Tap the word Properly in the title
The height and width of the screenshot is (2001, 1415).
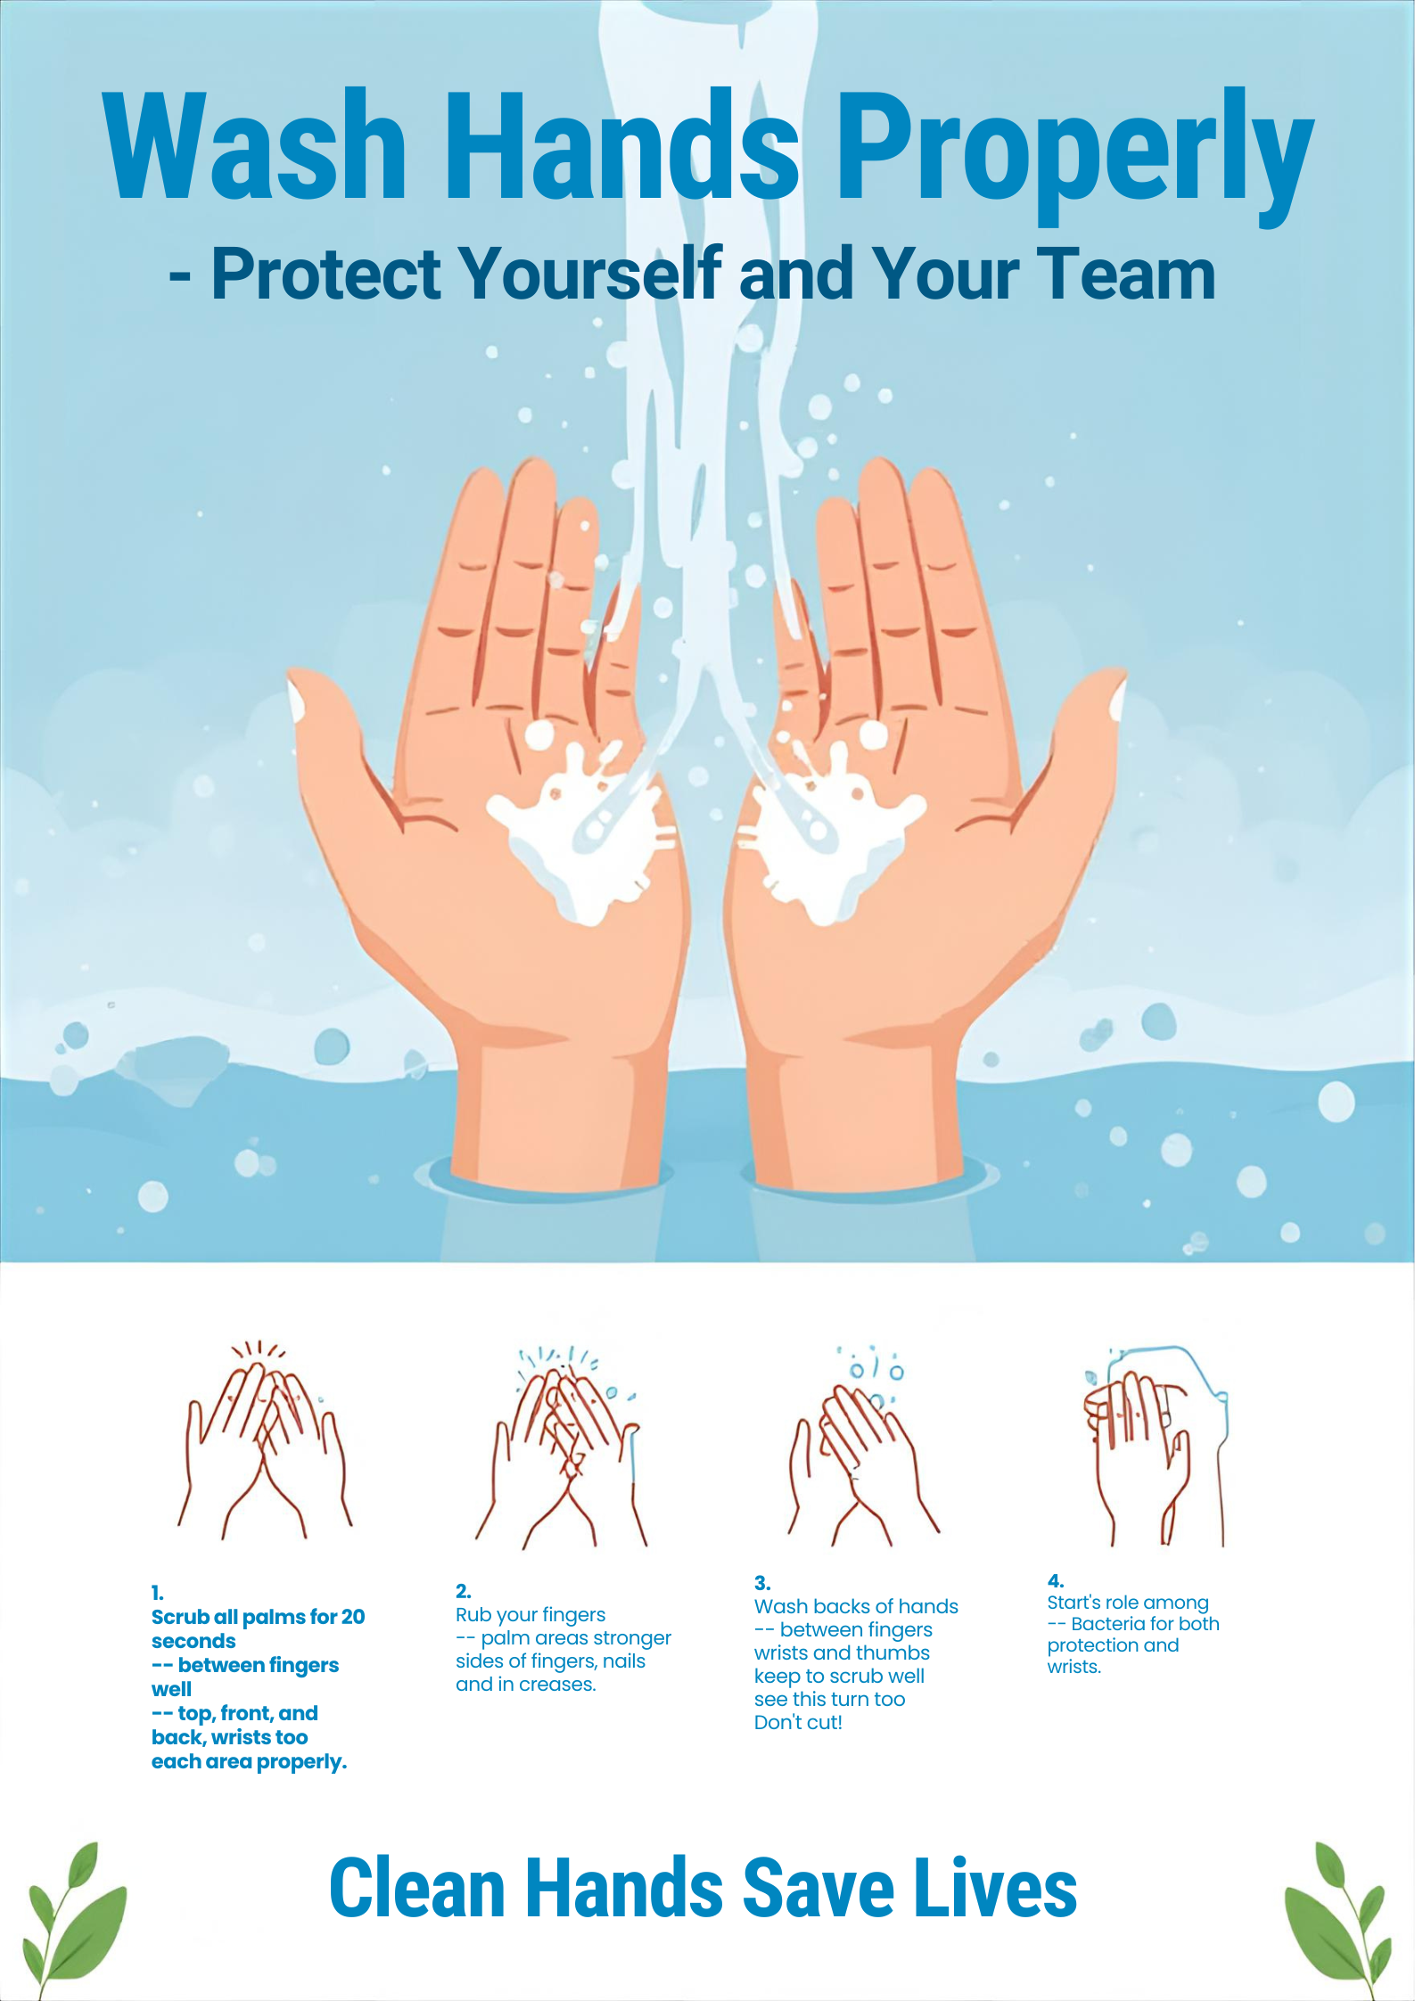coord(1074,156)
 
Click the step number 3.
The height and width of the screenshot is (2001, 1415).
coord(762,1583)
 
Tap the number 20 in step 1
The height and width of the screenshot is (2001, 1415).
coord(353,1617)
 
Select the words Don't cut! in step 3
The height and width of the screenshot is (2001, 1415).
coord(798,1722)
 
